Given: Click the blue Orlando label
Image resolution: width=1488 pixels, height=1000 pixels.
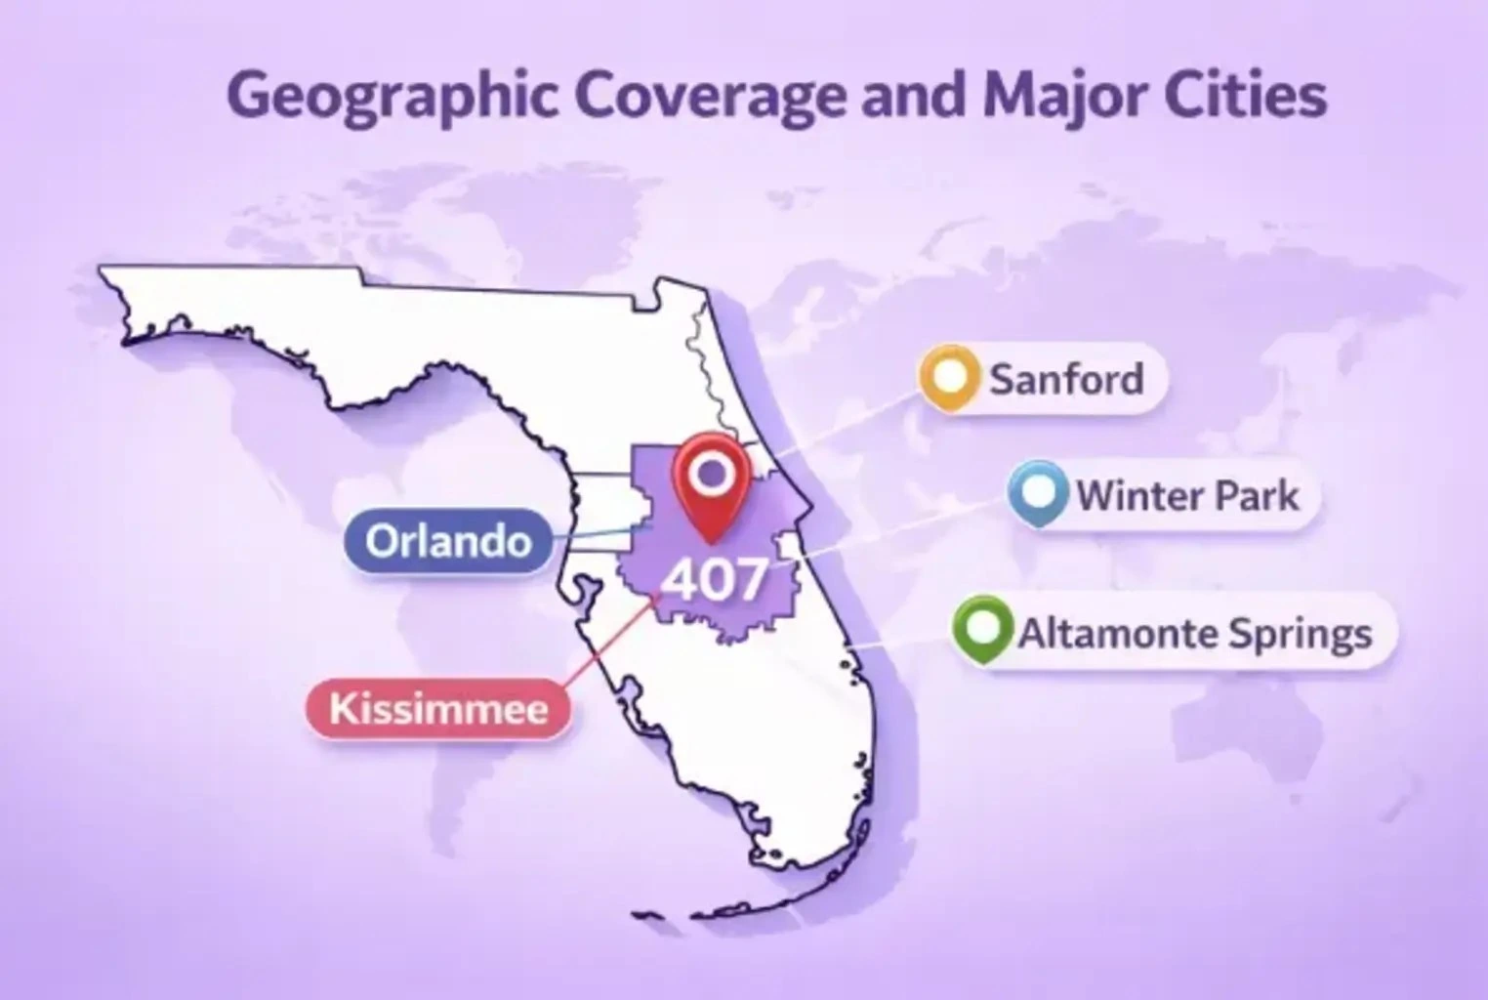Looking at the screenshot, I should pos(448,540).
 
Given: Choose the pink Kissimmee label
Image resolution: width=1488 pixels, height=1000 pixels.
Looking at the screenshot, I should pos(438,708).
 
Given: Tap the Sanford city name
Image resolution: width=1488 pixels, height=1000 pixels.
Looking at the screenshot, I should pos(1065,378).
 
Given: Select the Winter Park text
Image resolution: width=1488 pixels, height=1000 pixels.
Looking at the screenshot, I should pos(1187,495).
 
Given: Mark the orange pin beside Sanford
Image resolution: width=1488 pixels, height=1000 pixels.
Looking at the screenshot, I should pos(949,376).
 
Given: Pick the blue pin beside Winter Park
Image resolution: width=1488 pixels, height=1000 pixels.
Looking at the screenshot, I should pos(1037,492).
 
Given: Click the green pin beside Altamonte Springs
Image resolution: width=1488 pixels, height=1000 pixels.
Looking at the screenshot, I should pos(982,628).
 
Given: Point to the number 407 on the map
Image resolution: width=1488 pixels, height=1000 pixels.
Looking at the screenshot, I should pos(715,580).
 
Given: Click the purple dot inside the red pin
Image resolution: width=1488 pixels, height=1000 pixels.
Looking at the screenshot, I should pos(712,474).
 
